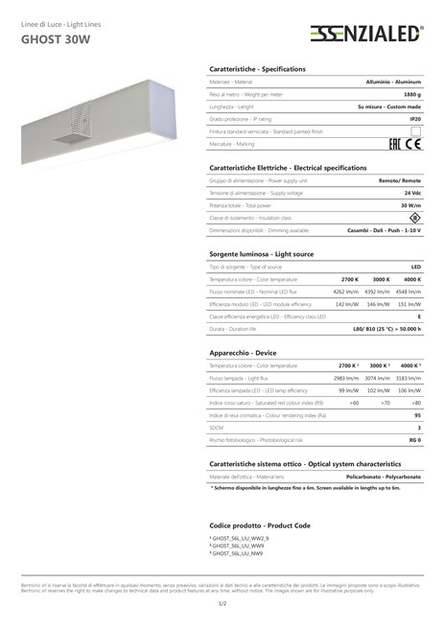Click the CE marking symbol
pos(414,144)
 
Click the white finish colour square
pos(416,130)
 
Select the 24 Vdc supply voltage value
pos(411,193)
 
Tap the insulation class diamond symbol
pos(414,218)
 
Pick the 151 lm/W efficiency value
pos(410,303)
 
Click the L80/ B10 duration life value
pos(382,329)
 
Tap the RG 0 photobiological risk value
pos(414,440)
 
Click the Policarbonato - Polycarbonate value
pos(383,477)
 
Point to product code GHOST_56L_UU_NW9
pos(237,554)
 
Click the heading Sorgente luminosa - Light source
pos(261,253)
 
